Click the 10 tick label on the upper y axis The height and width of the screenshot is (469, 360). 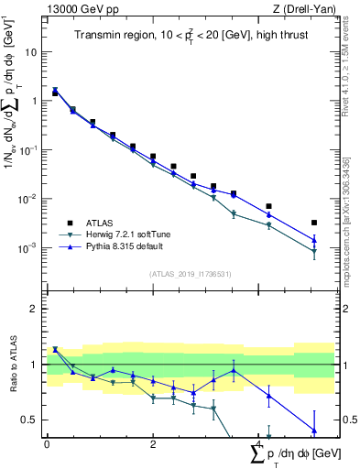[31, 52]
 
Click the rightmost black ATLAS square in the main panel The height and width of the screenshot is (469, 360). [314, 223]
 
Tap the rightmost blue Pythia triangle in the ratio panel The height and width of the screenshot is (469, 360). [314, 431]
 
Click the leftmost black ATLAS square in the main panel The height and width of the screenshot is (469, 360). [55, 93]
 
